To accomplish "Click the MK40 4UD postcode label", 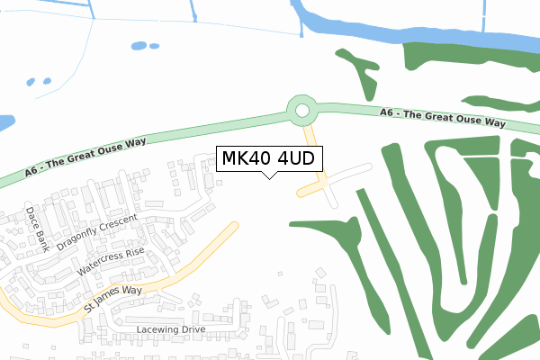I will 268,159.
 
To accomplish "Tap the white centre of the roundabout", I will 302,112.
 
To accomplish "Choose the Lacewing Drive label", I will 170,329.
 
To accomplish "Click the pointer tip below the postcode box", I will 268,177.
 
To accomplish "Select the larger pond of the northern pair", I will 139,45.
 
